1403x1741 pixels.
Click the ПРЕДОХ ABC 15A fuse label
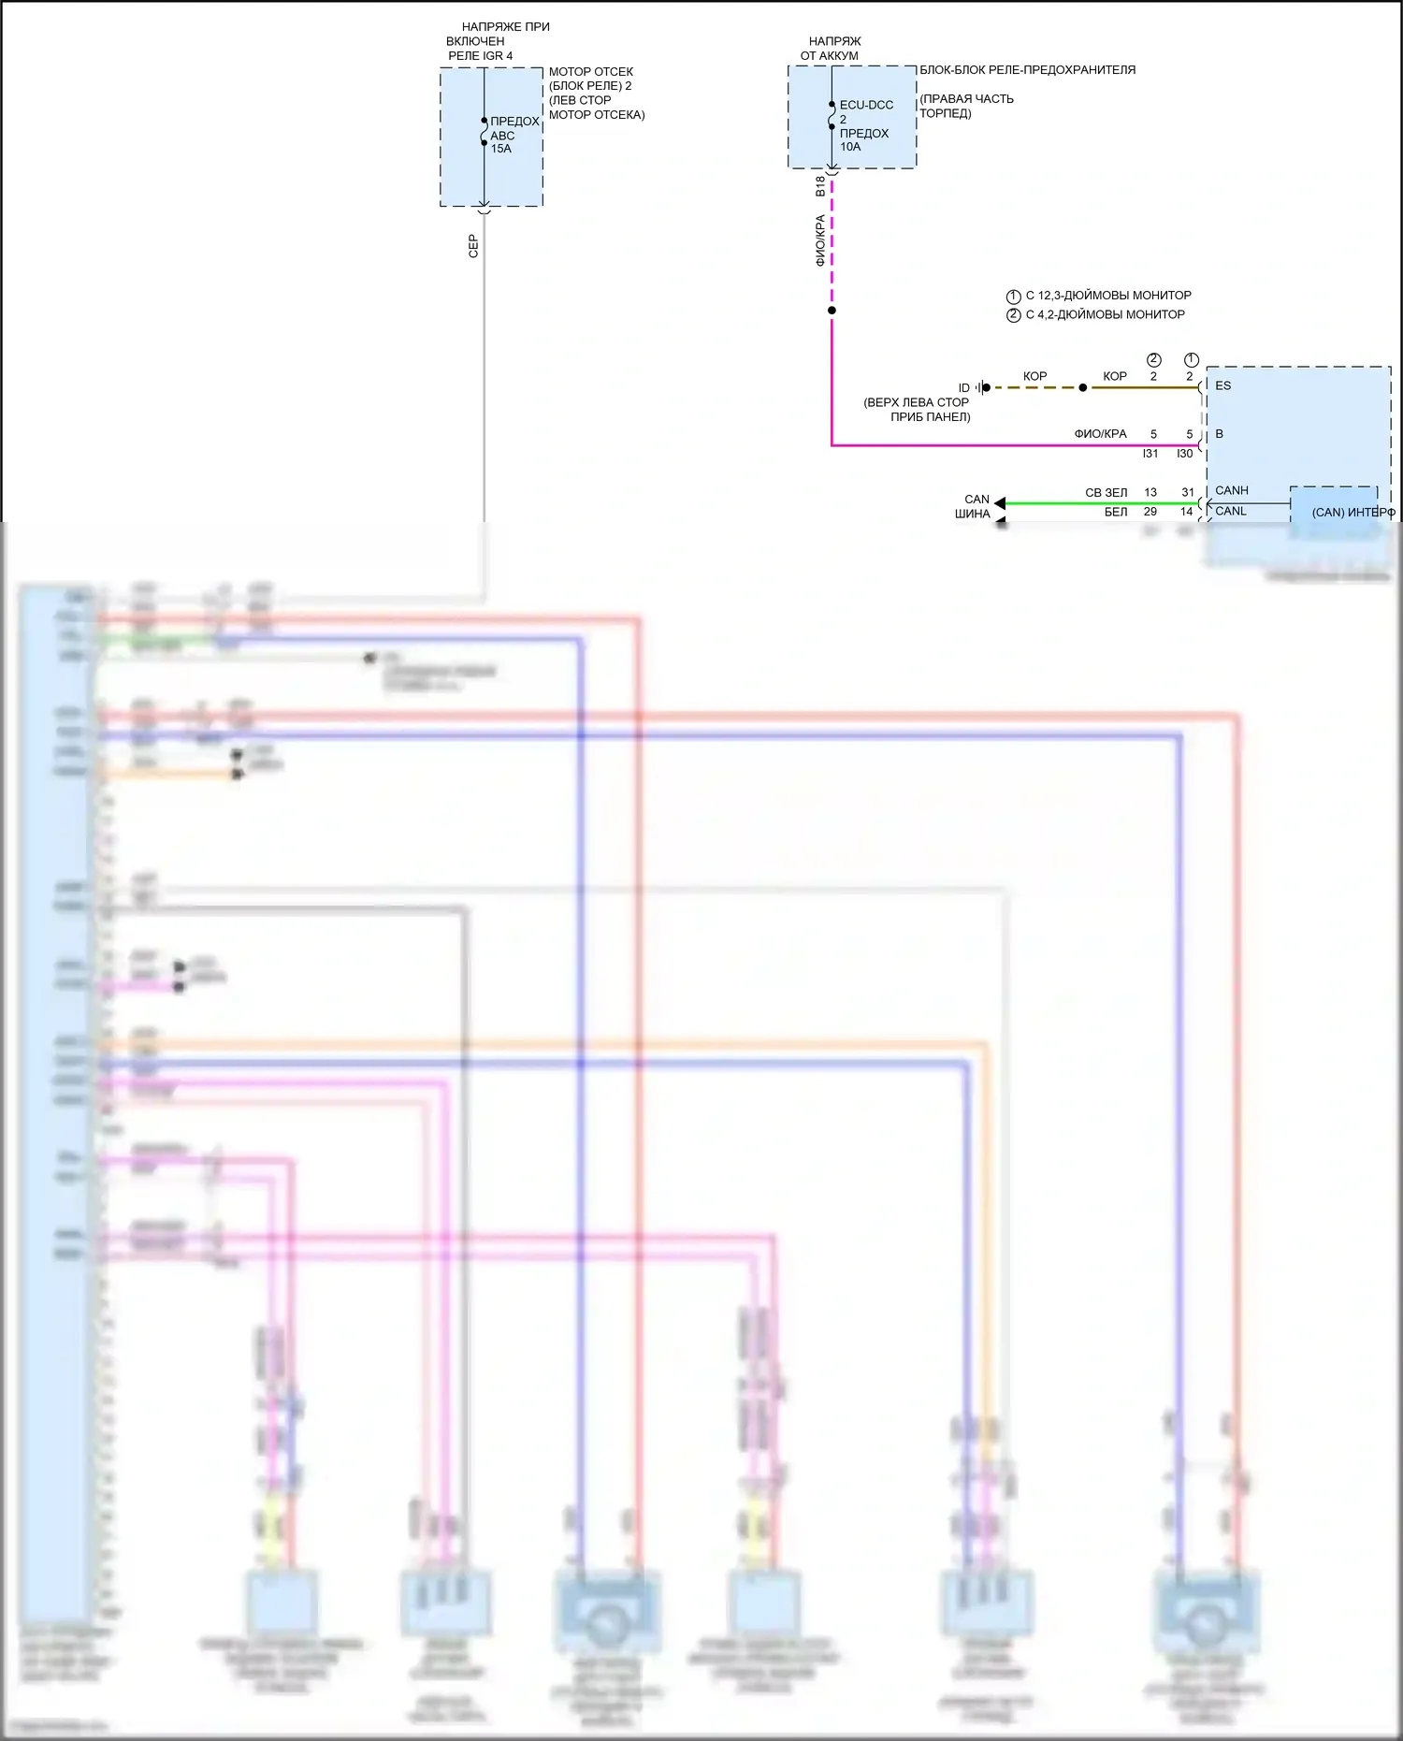point(513,135)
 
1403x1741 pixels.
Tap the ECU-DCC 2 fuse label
point(865,111)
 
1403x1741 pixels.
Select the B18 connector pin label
point(820,186)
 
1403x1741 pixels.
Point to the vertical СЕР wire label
point(473,246)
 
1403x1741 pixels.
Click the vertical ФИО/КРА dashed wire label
point(820,240)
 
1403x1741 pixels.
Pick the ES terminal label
point(1222,385)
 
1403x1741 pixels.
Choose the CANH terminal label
point(1231,490)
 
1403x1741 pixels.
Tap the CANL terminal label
point(1230,511)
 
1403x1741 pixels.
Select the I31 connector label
point(1150,454)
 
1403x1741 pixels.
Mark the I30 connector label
point(1185,454)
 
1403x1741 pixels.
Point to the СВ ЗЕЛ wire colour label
point(1106,492)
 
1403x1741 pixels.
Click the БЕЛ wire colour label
point(1116,512)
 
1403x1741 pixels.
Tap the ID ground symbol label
point(963,388)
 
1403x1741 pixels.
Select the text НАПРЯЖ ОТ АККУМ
point(832,49)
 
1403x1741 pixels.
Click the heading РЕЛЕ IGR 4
point(480,56)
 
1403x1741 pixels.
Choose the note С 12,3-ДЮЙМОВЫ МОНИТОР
point(1108,296)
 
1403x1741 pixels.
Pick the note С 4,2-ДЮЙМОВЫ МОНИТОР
point(1105,315)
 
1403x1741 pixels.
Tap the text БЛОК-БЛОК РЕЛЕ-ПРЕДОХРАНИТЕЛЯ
point(1027,70)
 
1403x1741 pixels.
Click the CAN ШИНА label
point(974,506)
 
